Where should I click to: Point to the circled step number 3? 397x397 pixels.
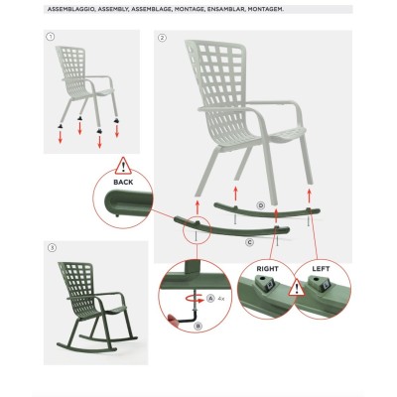click(52, 244)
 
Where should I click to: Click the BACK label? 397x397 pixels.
click(124, 183)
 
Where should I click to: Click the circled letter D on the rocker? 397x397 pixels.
click(260, 204)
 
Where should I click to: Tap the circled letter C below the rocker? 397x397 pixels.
click(249, 241)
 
